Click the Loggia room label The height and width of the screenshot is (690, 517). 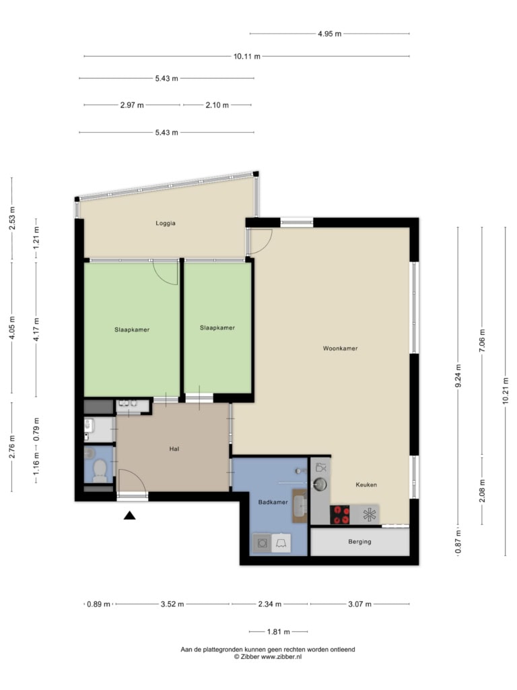click(x=166, y=223)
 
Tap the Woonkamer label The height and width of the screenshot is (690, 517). click(x=340, y=348)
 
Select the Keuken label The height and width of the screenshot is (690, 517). click(x=366, y=484)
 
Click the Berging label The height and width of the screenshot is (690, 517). click(x=359, y=542)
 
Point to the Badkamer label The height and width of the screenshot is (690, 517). click(x=273, y=502)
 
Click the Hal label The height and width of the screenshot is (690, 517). click(x=174, y=449)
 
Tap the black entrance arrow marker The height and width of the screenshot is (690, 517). click(x=129, y=515)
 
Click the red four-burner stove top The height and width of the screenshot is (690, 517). click(x=340, y=514)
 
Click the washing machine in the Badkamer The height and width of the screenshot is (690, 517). click(x=262, y=544)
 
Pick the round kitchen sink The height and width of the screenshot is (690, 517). click(x=320, y=484)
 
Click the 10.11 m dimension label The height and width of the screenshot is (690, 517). click(x=246, y=57)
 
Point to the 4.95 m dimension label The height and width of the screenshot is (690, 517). click(x=330, y=34)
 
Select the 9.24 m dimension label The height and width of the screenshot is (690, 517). click(x=458, y=376)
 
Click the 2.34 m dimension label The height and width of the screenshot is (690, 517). click(x=269, y=604)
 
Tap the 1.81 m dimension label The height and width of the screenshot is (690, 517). click(x=278, y=632)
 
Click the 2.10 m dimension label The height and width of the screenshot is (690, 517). click(x=217, y=105)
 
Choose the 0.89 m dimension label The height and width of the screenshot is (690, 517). click(x=98, y=604)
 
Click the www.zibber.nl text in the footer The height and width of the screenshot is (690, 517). click(x=281, y=657)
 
